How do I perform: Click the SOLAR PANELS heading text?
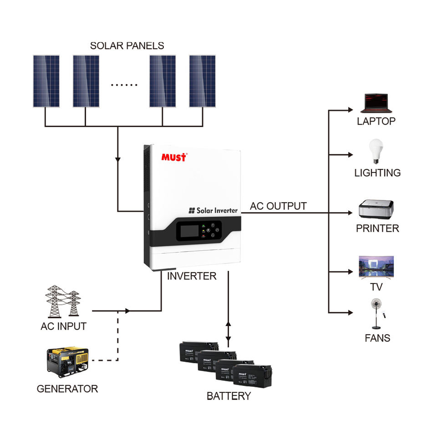tap(127, 46)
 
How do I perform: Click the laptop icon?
tap(376, 104)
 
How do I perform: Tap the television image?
tap(376, 267)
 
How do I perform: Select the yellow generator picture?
tap(67, 361)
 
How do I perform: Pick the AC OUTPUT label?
tap(278, 206)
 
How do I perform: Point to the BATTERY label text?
tap(229, 396)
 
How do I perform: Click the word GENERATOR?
tap(67, 389)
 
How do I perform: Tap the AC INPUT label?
tap(63, 326)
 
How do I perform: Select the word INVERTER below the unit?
tap(192, 276)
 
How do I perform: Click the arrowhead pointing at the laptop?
tap(350, 110)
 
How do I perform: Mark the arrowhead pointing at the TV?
tap(350, 272)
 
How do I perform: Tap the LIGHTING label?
tap(377, 173)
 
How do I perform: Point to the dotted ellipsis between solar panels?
tap(124, 85)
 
